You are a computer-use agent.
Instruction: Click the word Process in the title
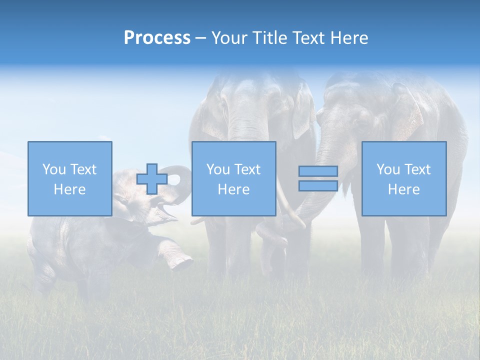(157, 38)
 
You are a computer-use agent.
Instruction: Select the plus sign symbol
(152, 178)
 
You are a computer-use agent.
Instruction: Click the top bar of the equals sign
(318, 171)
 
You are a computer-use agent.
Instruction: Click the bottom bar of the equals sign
(318, 185)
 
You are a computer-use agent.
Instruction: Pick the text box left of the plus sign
(69, 178)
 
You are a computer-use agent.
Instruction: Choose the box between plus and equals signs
(233, 178)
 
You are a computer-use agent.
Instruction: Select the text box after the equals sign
(403, 178)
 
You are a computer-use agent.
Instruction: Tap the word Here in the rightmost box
(403, 189)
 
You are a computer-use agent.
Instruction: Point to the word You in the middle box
(218, 169)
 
